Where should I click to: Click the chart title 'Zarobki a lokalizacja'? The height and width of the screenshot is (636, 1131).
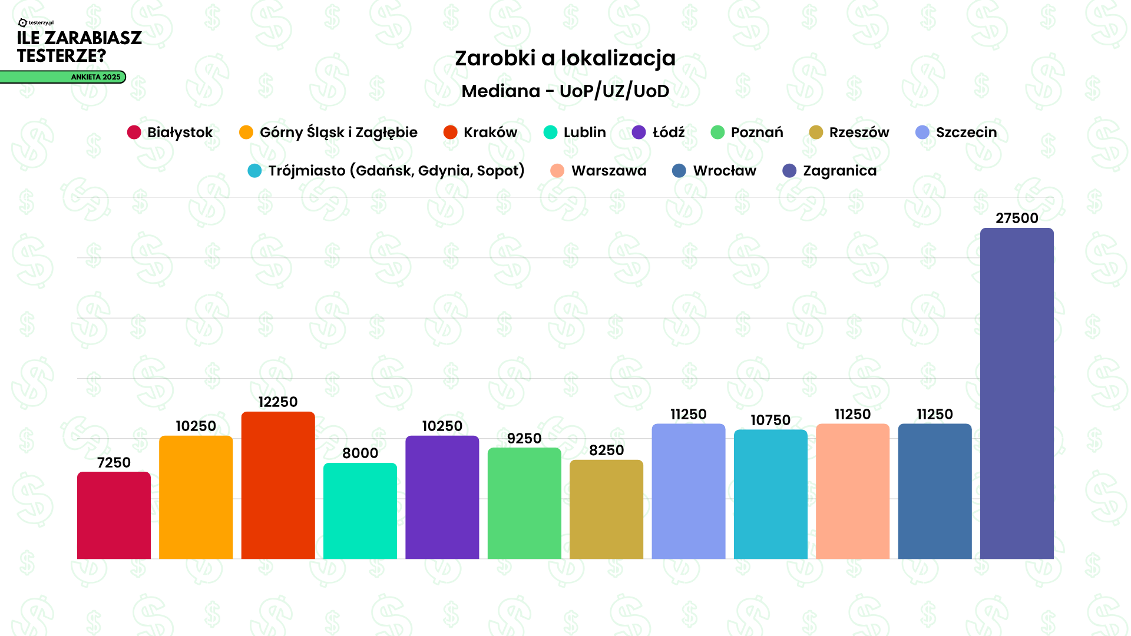click(x=565, y=58)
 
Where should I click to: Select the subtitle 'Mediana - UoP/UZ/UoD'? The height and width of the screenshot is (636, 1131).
click(x=565, y=91)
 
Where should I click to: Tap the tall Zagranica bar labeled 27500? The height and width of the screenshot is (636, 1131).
click(x=1017, y=393)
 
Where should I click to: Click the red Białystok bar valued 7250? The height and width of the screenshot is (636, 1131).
click(x=114, y=515)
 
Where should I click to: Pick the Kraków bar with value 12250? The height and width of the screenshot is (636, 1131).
click(x=278, y=485)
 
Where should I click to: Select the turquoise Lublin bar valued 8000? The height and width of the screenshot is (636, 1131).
click(x=360, y=511)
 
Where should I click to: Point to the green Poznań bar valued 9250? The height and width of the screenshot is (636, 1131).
click(x=524, y=503)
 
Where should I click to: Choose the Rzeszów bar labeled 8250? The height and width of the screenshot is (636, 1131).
click(x=606, y=509)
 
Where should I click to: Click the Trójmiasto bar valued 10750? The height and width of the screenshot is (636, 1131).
click(x=770, y=494)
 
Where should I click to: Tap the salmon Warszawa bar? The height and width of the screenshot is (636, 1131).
click(x=852, y=491)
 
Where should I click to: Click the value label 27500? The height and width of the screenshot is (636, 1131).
click(x=1017, y=218)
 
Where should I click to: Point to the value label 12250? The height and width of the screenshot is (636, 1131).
click(x=278, y=402)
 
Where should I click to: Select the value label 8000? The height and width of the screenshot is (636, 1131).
click(x=360, y=453)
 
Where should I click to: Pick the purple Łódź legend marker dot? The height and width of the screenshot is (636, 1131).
click(x=639, y=132)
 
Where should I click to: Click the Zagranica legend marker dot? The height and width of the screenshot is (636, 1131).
click(x=789, y=171)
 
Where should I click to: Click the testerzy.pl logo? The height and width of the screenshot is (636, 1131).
click(x=36, y=23)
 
